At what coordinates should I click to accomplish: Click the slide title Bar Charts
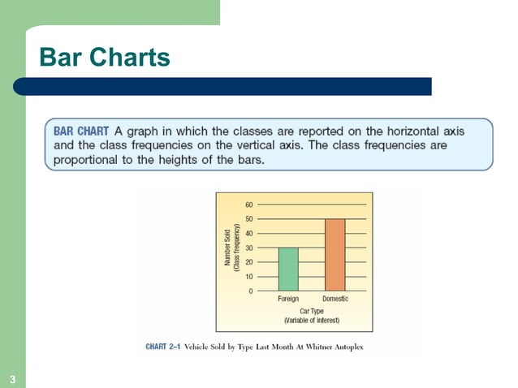[x=105, y=58]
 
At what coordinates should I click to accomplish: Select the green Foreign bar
[x=288, y=269]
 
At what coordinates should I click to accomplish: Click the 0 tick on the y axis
[x=249, y=291]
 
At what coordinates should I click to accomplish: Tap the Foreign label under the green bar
[x=288, y=300]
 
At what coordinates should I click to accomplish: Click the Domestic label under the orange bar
[x=335, y=300]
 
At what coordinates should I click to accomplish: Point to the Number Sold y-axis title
[x=229, y=248]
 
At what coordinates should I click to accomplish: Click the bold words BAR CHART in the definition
[x=81, y=131]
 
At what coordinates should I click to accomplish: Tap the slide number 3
[x=13, y=380]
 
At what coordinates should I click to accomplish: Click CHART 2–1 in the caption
[x=162, y=347]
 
